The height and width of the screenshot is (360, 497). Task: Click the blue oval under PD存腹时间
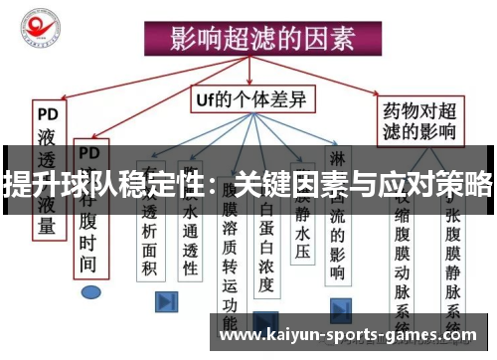pos(92,293)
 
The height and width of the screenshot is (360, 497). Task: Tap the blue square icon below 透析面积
pos(166,299)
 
